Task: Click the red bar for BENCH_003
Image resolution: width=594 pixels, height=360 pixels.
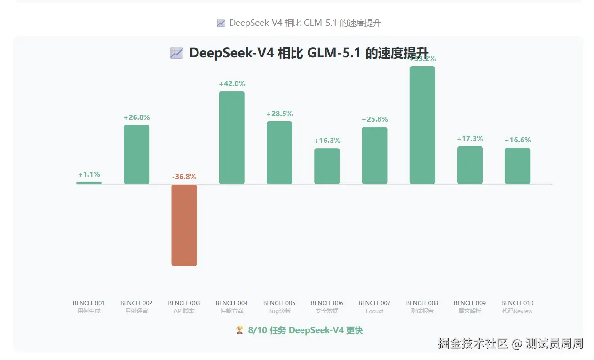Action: (184, 225)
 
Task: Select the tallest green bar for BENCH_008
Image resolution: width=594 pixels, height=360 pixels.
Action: (422, 125)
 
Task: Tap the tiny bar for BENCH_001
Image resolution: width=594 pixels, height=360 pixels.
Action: (89, 183)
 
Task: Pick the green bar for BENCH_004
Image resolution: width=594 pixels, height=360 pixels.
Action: (231, 137)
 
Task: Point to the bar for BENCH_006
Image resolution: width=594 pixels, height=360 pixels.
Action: (327, 166)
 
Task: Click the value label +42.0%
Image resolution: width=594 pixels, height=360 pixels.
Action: (232, 84)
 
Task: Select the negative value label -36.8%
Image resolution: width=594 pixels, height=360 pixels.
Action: (184, 177)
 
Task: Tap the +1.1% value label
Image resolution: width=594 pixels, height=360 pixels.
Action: (89, 174)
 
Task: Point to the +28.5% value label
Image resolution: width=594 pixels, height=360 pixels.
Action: (279, 114)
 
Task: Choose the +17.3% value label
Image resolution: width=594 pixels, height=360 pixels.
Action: (470, 139)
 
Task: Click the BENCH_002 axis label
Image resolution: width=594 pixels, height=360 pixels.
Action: (136, 303)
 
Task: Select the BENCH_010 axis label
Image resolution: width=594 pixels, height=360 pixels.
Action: (517, 303)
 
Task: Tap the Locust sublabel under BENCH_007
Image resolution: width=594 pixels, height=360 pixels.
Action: (374, 311)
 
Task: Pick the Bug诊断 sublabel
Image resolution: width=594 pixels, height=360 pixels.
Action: (279, 311)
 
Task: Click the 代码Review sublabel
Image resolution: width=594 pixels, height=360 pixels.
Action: (517, 311)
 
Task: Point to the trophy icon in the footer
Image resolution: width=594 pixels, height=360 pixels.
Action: (239, 330)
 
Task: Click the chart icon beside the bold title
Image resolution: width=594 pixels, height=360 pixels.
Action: (176, 53)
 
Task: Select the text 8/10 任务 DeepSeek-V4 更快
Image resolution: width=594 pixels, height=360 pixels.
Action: (305, 330)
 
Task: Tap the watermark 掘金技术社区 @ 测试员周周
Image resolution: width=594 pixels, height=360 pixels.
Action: (510, 344)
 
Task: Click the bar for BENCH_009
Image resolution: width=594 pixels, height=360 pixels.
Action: (470, 165)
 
